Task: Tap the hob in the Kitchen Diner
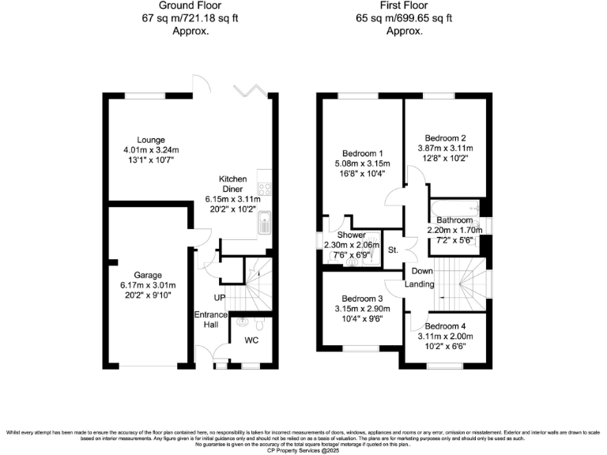[266, 190]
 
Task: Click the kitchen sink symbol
[266, 225]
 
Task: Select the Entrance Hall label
[211, 320]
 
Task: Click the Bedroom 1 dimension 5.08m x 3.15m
[363, 164]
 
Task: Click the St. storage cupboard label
[393, 250]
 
